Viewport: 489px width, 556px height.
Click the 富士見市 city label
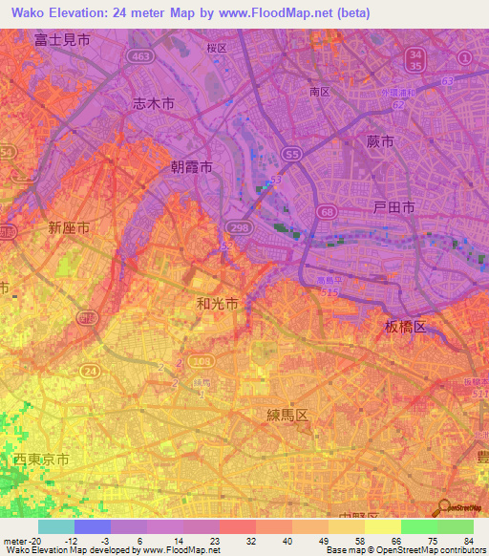61,40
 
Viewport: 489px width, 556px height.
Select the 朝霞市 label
191,166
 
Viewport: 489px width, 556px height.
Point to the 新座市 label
69,227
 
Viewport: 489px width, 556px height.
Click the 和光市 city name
217,304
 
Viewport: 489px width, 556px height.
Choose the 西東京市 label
41,460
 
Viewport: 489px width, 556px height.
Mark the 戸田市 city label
393,207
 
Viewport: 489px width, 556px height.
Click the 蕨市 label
379,141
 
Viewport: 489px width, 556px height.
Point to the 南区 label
319,92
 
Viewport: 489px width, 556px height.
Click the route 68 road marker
328,210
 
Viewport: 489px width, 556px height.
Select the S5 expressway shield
292,153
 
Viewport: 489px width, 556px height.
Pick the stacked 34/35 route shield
414,60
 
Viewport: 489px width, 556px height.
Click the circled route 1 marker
465,58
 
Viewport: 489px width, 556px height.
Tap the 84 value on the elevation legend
467,542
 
